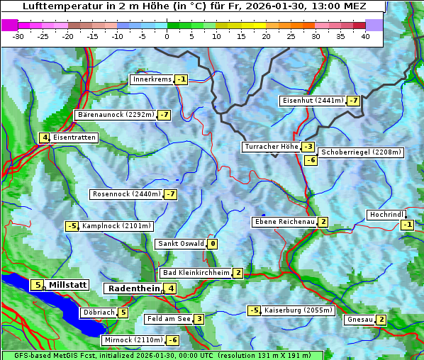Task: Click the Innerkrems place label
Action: pyautogui.click(x=152, y=79)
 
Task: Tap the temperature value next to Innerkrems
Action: pyautogui.click(x=182, y=79)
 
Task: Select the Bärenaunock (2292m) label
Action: pyautogui.click(x=115, y=114)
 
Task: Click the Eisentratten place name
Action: pyautogui.click(x=74, y=137)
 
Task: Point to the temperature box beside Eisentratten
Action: pyautogui.click(x=44, y=137)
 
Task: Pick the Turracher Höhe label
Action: pyautogui.click(x=271, y=147)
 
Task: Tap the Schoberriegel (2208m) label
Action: pyautogui.click(x=361, y=152)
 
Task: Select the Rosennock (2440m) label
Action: pyautogui.click(x=126, y=193)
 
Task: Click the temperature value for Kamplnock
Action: pyautogui.click(x=72, y=226)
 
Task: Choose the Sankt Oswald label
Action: pyautogui.click(x=181, y=244)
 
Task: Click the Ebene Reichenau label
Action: pyautogui.click(x=284, y=222)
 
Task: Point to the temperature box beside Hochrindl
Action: pyautogui.click(x=407, y=225)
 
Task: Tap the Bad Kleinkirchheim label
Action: pyautogui.click(x=196, y=273)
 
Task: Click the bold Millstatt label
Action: pyautogui.click(x=68, y=285)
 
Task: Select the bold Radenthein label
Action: pyautogui.click(x=134, y=288)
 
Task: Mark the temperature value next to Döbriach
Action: pyautogui.click(x=123, y=312)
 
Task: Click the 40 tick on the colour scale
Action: pyautogui.click(x=365, y=35)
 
